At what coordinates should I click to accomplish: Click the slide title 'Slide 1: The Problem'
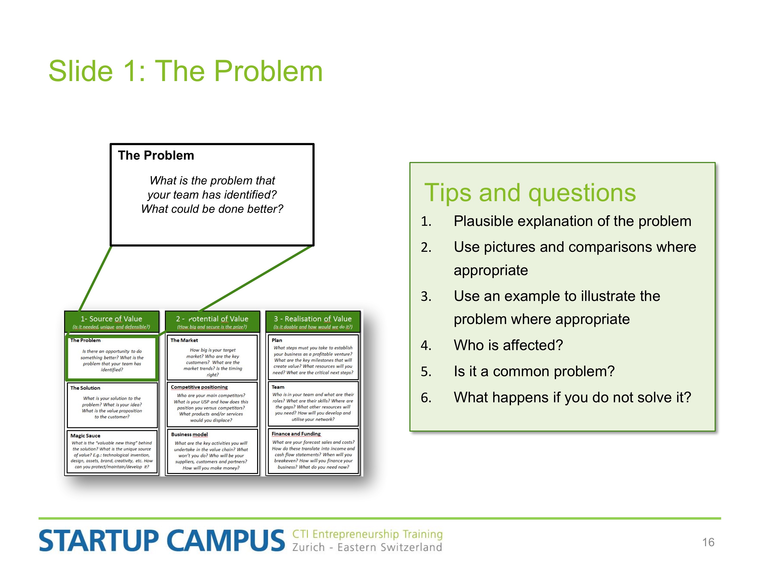[x=185, y=71]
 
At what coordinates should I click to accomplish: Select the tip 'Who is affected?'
[x=508, y=345]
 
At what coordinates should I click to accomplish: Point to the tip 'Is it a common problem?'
[x=534, y=371]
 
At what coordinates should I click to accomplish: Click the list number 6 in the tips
[x=426, y=397]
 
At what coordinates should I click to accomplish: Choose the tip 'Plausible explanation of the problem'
[x=572, y=221]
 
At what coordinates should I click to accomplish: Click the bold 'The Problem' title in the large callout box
[x=156, y=155]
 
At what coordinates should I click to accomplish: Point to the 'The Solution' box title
[x=85, y=388]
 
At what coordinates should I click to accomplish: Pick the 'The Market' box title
[x=184, y=340]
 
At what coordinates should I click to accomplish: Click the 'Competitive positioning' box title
[x=199, y=387]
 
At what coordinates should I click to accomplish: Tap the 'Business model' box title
[x=189, y=435]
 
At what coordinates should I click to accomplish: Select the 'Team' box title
[x=278, y=387]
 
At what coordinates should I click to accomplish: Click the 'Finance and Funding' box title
[x=296, y=434]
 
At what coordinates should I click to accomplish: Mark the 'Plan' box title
[x=277, y=340]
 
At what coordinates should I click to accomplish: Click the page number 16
[x=708, y=542]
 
